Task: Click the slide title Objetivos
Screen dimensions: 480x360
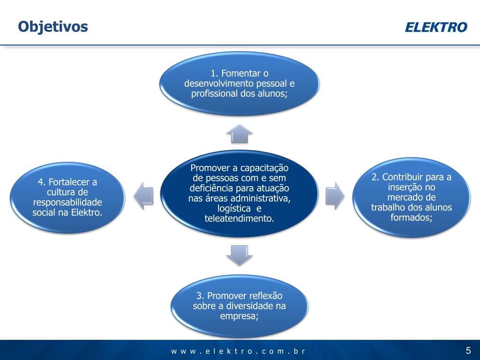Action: point(53,27)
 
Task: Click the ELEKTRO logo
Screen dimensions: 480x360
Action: point(436,27)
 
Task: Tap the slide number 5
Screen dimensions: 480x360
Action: point(468,351)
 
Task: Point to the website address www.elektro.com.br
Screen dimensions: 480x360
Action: point(238,351)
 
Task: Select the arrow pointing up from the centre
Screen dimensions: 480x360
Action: point(240,134)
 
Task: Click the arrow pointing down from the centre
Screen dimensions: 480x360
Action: point(240,255)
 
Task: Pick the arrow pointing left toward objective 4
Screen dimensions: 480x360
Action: point(144,195)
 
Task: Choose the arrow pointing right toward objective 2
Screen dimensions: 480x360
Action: point(335,195)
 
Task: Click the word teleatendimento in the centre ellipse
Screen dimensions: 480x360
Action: point(240,218)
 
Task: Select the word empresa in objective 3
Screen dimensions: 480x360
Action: point(238,316)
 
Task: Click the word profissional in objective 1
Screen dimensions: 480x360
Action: point(213,94)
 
